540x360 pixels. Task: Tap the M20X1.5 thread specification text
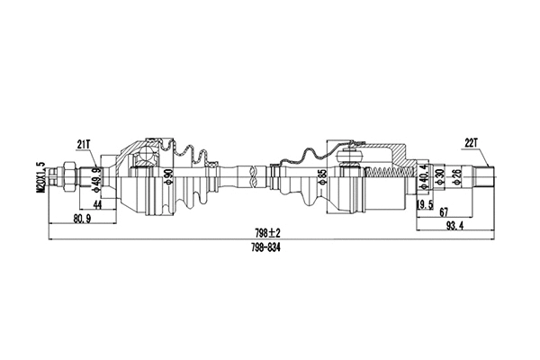pyautogui.click(x=40, y=176)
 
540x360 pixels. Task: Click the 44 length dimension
pyautogui.click(x=96, y=206)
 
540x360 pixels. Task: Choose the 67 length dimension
pyautogui.click(x=445, y=212)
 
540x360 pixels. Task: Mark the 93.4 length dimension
pyautogui.click(x=454, y=225)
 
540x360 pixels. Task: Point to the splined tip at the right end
pyautogui.click(x=485, y=175)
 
